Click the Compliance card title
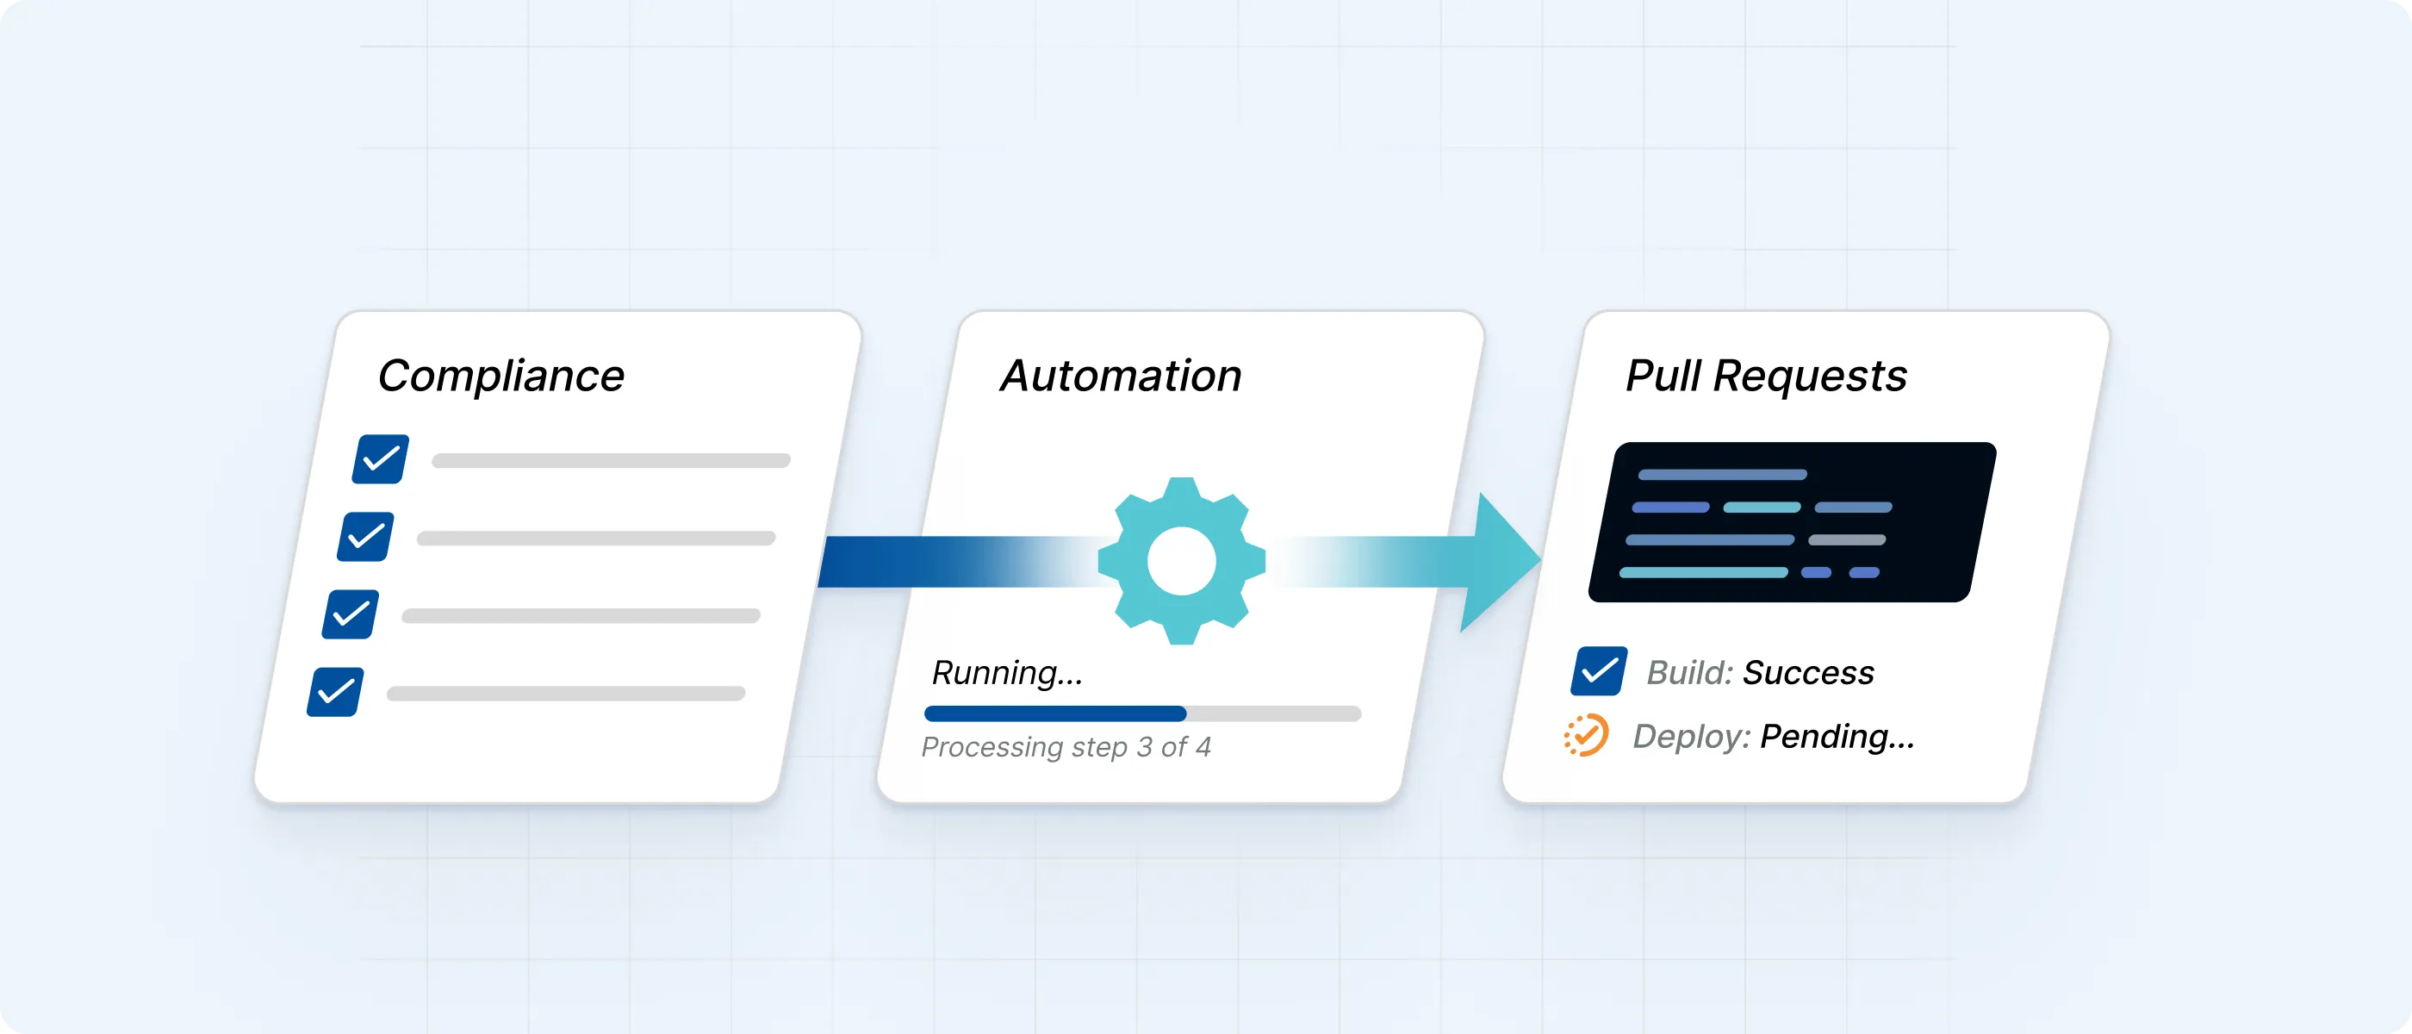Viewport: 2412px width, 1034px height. click(x=501, y=377)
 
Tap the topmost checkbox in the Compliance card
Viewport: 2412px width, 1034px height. click(x=380, y=459)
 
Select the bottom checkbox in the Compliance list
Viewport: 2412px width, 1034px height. click(x=335, y=692)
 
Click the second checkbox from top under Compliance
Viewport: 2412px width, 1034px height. click(x=365, y=537)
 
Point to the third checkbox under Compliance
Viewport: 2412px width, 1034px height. click(x=351, y=614)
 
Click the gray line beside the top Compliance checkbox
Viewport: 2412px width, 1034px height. click(x=611, y=461)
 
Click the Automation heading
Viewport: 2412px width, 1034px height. click(x=1121, y=377)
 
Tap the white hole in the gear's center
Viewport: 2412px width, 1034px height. click(x=1181, y=561)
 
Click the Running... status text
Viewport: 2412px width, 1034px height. click(x=1006, y=672)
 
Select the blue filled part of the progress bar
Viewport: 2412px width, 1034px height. click(x=1054, y=713)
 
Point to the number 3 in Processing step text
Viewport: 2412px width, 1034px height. click(x=1144, y=747)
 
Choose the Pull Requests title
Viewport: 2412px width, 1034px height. click(x=1766, y=377)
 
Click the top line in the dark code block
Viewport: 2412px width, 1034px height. click(x=1722, y=475)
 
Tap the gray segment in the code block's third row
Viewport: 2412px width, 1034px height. click(x=1846, y=540)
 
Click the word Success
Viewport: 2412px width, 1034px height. click(x=1808, y=672)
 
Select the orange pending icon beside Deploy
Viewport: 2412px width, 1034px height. click(x=1586, y=735)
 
